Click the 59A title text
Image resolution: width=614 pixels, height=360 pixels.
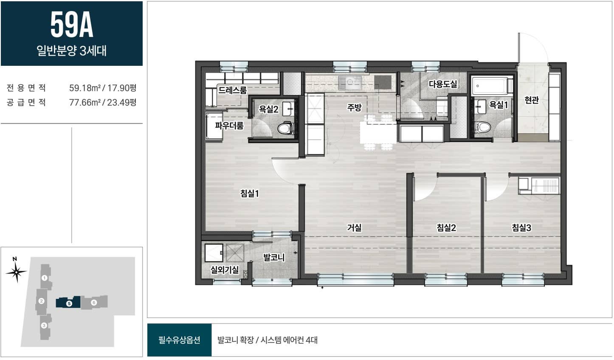[72, 25]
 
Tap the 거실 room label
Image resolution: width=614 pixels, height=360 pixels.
[354, 228]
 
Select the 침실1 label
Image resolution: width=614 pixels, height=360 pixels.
[249, 194]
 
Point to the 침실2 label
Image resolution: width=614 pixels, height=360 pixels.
[446, 228]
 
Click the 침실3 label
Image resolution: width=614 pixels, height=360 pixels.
[521, 228]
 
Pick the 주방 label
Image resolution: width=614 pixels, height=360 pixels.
[354, 107]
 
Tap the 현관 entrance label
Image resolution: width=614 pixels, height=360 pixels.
[532, 100]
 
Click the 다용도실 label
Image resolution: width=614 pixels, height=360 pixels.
[443, 84]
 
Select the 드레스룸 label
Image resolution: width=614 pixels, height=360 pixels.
[232, 90]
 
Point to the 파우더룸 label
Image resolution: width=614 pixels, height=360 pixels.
[229, 126]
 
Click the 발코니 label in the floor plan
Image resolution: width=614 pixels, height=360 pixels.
[274, 257]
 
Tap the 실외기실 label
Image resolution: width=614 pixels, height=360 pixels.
[225, 270]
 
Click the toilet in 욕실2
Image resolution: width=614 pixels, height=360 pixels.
[285, 128]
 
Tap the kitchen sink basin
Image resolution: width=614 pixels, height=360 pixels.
[350, 82]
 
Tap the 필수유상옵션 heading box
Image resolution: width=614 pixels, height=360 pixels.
[179, 340]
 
